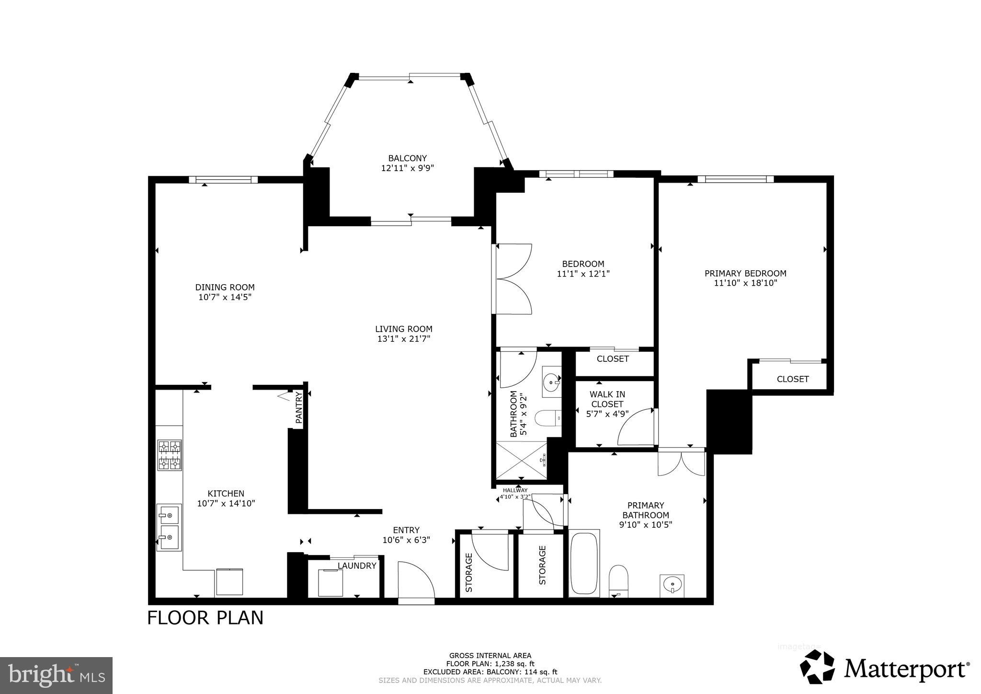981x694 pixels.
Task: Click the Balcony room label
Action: click(x=407, y=158)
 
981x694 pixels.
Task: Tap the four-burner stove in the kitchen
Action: click(x=170, y=455)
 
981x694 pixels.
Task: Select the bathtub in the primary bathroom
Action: click(x=584, y=563)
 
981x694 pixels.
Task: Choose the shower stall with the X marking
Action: click(x=521, y=460)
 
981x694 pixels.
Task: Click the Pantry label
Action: click(x=299, y=408)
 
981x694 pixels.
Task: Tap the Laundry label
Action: click(x=357, y=566)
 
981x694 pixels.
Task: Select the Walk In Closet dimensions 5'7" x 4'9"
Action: click(x=607, y=414)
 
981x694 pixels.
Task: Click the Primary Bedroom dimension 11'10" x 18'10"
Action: click(x=745, y=283)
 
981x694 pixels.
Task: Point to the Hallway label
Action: click(x=515, y=490)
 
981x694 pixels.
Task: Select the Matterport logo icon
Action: click(x=817, y=667)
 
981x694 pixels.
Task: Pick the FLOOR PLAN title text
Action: click(x=205, y=618)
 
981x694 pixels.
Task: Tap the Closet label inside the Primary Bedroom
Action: click(x=792, y=379)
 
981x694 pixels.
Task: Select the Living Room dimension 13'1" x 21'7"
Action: click(x=403, y=339)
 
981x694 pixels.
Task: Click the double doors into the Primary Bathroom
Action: click(x=681, y=463)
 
